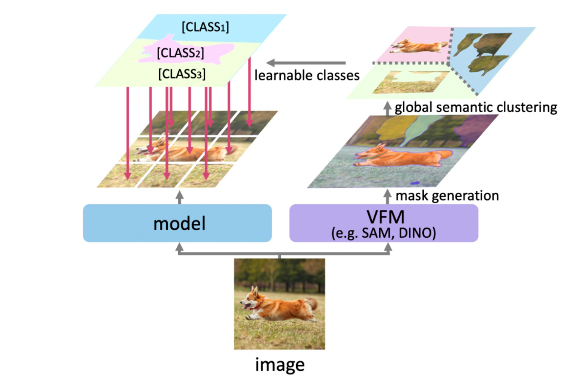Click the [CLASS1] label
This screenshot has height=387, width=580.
[x=205, y=27]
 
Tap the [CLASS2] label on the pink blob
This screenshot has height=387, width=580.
[x=180, y=53]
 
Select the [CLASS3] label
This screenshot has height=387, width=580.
[x=182, y=74]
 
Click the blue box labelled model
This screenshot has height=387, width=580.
[x=177, y=223]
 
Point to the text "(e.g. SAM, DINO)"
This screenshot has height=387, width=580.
[x=384, y=233]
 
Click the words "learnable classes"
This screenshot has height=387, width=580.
[x=307, y=75]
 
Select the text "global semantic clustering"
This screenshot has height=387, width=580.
[x=476, y=107]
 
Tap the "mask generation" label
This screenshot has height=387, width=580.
[x=447, y=196]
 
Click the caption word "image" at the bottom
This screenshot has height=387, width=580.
[x=280, y=365]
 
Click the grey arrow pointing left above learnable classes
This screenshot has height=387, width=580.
[x=305, y=63]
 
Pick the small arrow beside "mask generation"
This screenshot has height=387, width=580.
[x=387, y=196]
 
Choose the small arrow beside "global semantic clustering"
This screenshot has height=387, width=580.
[x=387, y=108]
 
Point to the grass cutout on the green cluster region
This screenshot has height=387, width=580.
[x=406, y=83]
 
